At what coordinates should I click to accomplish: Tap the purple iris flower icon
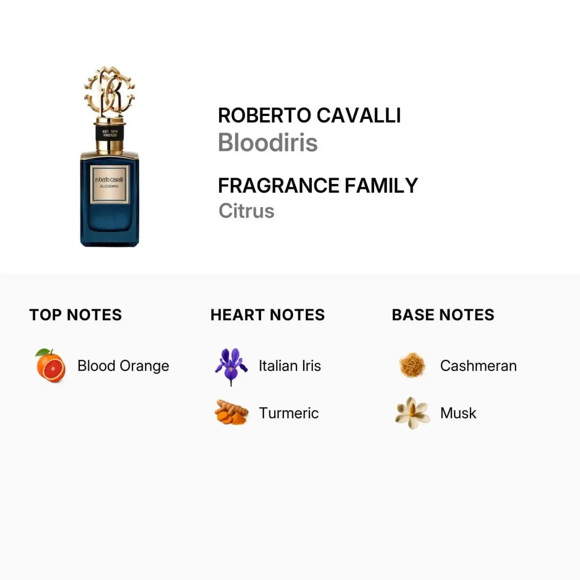point(231,366)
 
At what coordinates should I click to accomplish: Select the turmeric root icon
point(232,412)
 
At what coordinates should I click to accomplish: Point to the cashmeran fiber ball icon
point(412,365)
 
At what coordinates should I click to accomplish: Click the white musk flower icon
point(412,413)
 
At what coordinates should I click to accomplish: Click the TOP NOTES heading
point(75,315)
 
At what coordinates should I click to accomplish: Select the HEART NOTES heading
point(268,315)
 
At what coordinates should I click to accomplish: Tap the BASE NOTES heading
point(443,315)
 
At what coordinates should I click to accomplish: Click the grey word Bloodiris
point(268,143)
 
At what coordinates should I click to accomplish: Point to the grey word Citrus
point(246,211)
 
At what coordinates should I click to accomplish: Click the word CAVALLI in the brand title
point(359,116)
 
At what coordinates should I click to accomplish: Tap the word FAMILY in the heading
point(381,186)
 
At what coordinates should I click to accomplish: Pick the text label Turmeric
point(289,413)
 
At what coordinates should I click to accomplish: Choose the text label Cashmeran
point(478,366)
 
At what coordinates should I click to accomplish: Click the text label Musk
point(458,413)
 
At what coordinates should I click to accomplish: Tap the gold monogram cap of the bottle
point(109,92)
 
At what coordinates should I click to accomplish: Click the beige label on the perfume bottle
point(110,184)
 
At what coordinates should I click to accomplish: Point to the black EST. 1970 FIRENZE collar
point(110,133)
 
